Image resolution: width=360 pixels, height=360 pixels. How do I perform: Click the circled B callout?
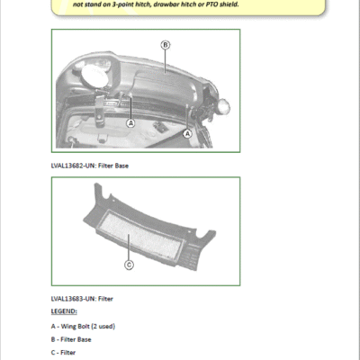tap(166, 45)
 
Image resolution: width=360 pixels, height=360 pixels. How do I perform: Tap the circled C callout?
tap(129, 265)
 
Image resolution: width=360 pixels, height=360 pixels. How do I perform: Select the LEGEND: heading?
tap(64, 311)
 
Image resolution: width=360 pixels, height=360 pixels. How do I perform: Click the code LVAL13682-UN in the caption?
tap(73, 166)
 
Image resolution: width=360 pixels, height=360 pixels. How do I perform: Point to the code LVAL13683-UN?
tap(73, 299)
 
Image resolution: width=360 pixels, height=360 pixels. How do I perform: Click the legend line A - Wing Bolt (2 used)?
tap(83, 326)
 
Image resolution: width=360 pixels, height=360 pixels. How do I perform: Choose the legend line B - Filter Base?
tap(71, 339)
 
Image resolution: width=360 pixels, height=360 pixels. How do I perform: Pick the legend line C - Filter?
tap(63, 353)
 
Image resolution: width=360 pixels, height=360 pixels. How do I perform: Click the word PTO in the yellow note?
tap(212, 4)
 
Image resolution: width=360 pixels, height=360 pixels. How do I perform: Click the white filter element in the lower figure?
tap(141, 235)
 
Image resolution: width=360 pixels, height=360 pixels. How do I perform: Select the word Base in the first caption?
tap(121, 166)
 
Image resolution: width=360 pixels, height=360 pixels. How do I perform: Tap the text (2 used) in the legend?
tap(103, 326)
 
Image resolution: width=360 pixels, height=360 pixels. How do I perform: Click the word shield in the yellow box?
tap(229, 4)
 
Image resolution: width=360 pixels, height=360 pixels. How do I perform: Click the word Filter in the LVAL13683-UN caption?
tap(105, 299)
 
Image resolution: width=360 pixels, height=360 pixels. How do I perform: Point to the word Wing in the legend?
tap(67, 327)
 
